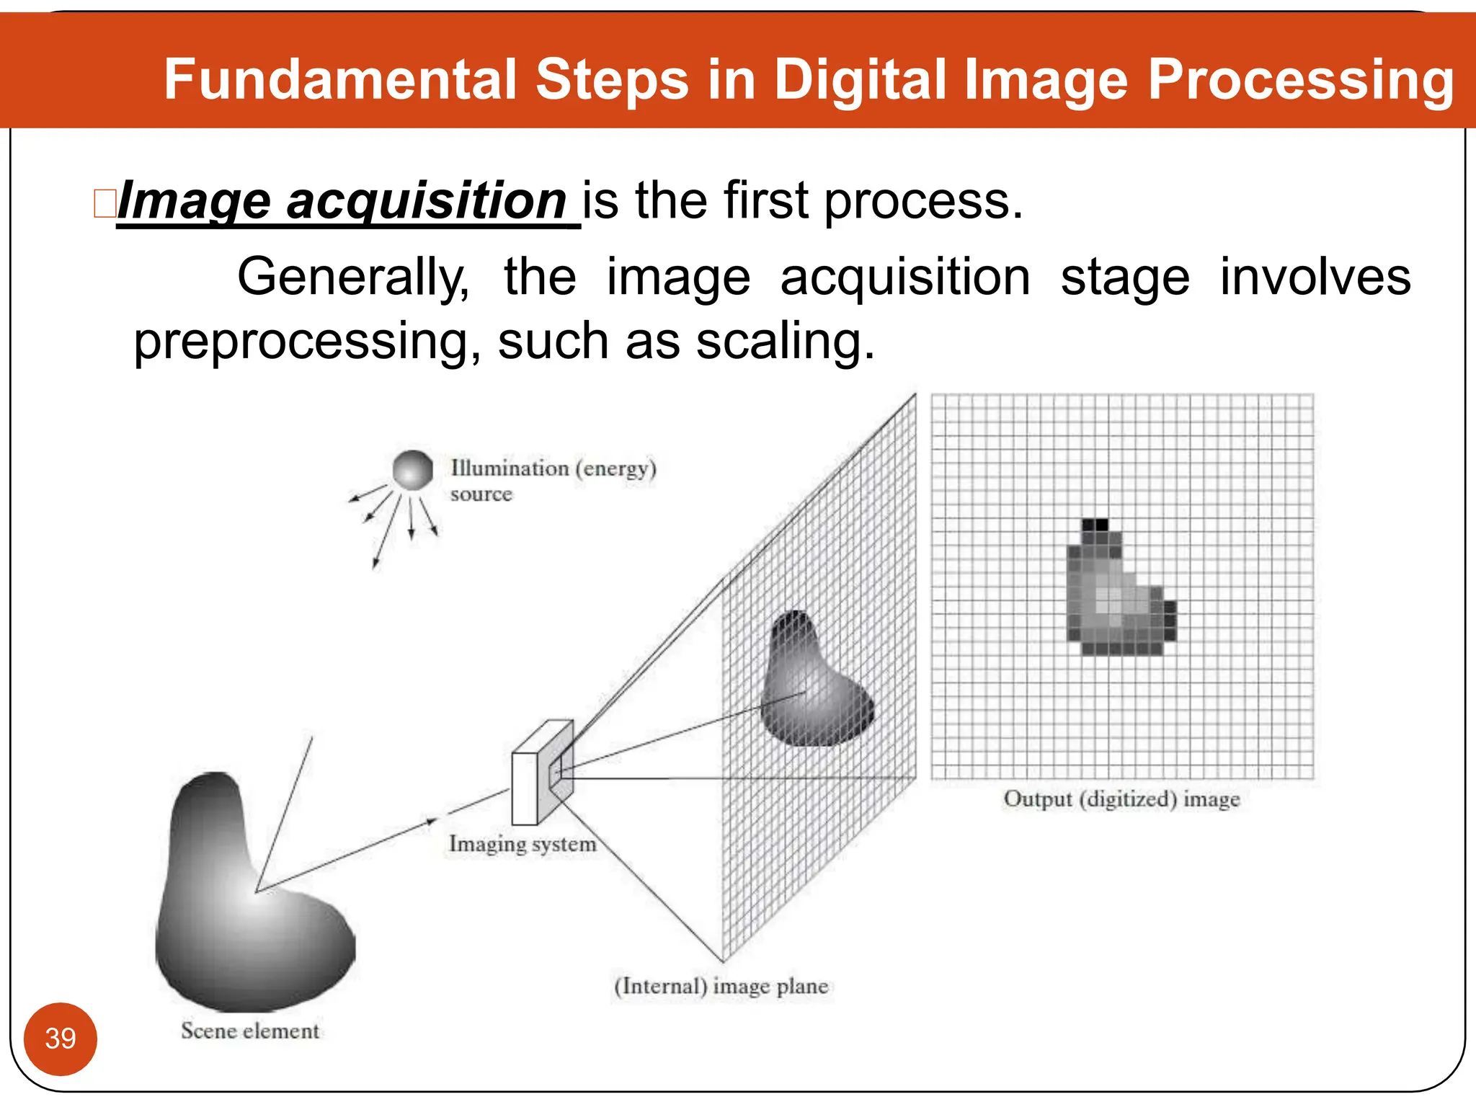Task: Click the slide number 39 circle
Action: point(60,1039)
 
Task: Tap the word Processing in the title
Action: point(1300,81)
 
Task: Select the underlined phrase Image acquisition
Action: point(343,201)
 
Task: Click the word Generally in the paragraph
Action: point(353,277)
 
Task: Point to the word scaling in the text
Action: point(785,342)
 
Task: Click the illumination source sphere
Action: point(413,471)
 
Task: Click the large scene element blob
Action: point(245,908)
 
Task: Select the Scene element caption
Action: point(249,1031)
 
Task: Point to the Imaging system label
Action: point(523,844)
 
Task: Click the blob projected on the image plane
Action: point(811,685)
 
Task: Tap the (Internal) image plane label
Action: point(721,986)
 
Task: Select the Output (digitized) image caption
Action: point(1121,799)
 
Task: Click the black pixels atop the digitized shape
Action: point(1095,525)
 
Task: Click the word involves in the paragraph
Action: point(1315,277)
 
